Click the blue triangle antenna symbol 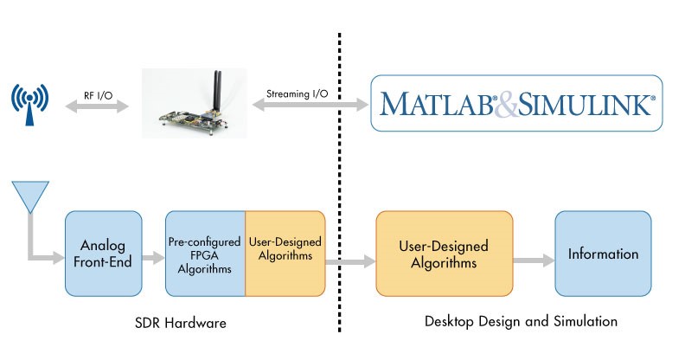pyautogui.click(x=29, y=196)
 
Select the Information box pyautogui.click(x=603, y=254)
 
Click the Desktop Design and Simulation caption pyautogui.click(x=521, y=322)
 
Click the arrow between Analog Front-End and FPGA pyautogui.click(x=154, y=259)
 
